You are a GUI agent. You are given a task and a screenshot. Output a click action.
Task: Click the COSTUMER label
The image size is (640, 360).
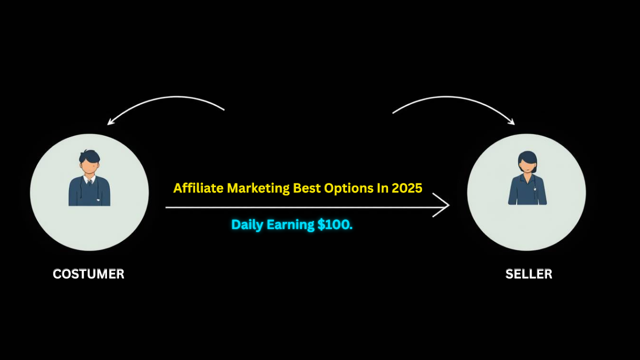(88, 274)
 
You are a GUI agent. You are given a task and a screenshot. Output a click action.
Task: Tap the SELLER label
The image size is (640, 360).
(528, 274)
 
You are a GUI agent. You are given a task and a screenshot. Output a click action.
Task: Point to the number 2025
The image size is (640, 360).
(407, 188)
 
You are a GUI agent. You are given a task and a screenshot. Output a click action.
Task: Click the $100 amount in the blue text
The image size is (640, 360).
(335, 225)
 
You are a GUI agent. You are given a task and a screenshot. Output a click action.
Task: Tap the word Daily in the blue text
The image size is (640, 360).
(247, 225)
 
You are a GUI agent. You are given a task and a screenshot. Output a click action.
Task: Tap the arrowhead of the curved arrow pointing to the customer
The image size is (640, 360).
(110, 122)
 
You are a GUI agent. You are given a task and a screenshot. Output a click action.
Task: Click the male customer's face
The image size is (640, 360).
(89, 165)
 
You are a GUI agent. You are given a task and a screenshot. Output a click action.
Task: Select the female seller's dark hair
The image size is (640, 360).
(527, 157)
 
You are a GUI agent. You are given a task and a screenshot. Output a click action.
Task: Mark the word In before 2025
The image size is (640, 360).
(382, 188)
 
